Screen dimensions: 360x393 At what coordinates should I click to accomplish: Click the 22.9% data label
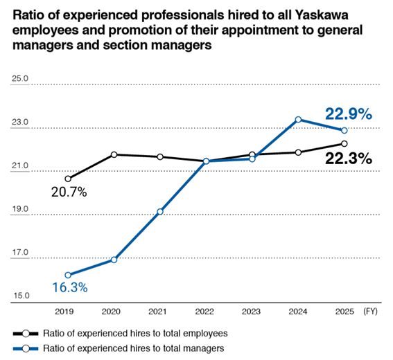point(349,114)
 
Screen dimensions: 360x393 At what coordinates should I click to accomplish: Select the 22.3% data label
point(349,159)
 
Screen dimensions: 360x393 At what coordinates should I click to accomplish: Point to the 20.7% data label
point(69,192)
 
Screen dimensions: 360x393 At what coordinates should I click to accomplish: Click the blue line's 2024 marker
point(298,120)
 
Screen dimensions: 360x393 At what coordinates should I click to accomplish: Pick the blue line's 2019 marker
point(68,275)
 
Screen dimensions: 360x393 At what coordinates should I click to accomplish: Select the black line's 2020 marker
point(114,154)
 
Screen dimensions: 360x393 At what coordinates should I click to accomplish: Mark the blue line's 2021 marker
point(160,211)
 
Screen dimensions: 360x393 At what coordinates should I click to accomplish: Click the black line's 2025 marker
point(344,144)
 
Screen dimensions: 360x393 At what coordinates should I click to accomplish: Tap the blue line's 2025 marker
point(344,130)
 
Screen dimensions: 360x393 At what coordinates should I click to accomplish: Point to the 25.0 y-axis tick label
point(20,79)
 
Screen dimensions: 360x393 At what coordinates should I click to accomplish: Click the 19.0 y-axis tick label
point(20,209)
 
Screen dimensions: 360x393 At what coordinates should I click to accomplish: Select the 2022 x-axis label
point(206,313)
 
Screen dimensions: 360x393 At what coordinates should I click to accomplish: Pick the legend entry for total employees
point(125,332)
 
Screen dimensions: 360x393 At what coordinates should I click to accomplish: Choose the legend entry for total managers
point(125,349)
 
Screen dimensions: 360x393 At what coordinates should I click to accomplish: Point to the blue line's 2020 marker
point(114,260)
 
